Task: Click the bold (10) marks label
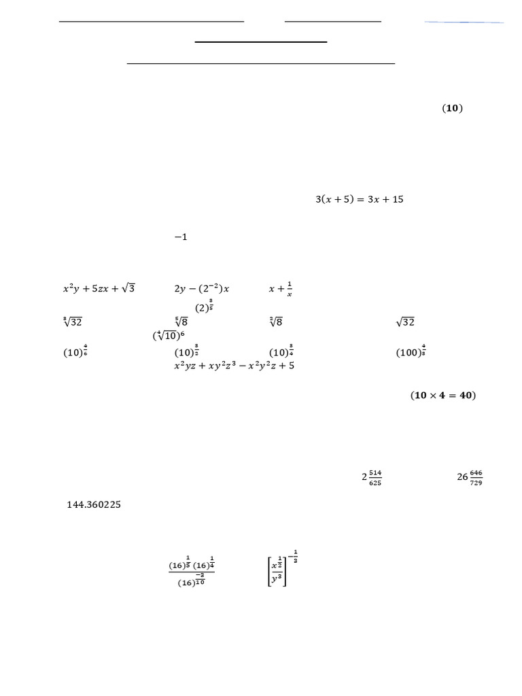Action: [x=452, y=109]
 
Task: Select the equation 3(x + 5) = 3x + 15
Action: [x=359, y=200]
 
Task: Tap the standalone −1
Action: [x=180, y=237]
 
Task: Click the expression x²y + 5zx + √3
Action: [x=99, y=288]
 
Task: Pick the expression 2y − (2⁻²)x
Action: [x=202, y=288]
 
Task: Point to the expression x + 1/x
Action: [x=280, y=289]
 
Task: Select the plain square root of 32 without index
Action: [x=405, y=322]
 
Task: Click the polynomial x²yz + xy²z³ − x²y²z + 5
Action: [x=234, y=366]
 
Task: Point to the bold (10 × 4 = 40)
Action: [x=442, y=396]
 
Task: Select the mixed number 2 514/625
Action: [x=372, y=477]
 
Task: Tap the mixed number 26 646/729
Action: [x=470, y=477]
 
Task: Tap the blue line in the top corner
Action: [x=464, y=22]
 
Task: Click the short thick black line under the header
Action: [x=261, y=42]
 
